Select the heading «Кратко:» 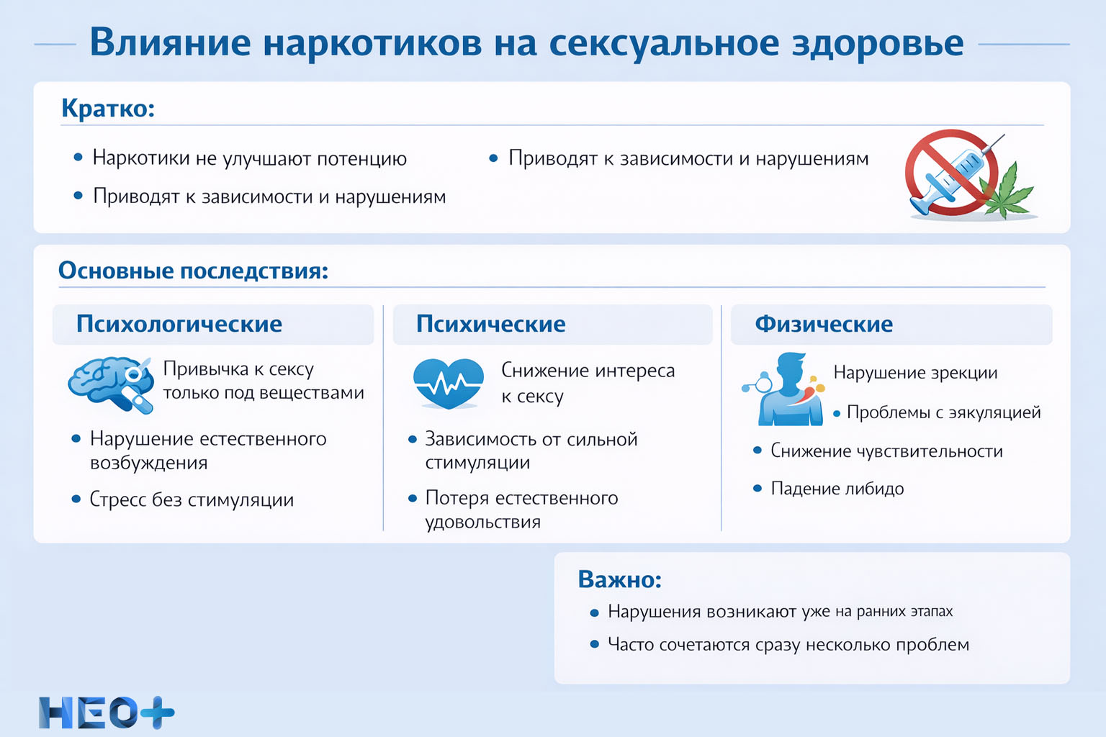108,108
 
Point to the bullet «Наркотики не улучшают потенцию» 249,158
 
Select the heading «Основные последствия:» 193,271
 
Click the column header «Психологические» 179,324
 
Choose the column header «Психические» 490,324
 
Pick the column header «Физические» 824,324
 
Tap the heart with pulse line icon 448,383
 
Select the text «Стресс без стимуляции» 192,499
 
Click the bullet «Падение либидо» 837,489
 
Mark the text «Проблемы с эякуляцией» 943,412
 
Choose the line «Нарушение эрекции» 915,373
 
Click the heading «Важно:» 619,579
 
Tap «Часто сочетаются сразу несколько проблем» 788,644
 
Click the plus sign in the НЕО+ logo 157,713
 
